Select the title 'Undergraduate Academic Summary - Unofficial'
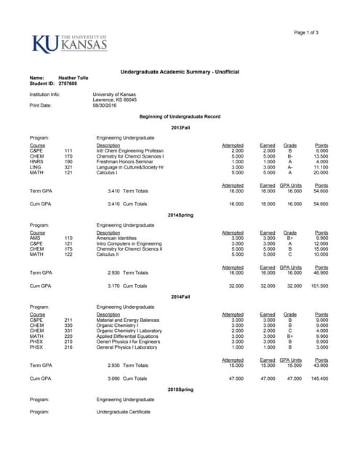pyautogui.click(x=180, y=70)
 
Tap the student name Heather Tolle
pyautogui.click(x=73, y=78)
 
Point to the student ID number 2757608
pyautogui.click(x=68, y=84)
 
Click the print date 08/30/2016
pyautogui.click(x=103, y=105)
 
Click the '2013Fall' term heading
pyautogui.click(x=180, y=127)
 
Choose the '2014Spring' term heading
pyautogui.click(x=180, y=215)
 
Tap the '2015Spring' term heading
pyautogui.click(x=180, y=389)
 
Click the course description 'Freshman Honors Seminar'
pyautogui.click(x=125, y=161)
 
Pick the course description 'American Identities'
pyautogui.click(x=119, y=238)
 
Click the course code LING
pyautogui.click(x=36, y=166)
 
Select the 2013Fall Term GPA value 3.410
pyautogui.click(x=115, y=191)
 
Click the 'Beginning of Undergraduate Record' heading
pyautogui.click(x=180, y=116)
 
